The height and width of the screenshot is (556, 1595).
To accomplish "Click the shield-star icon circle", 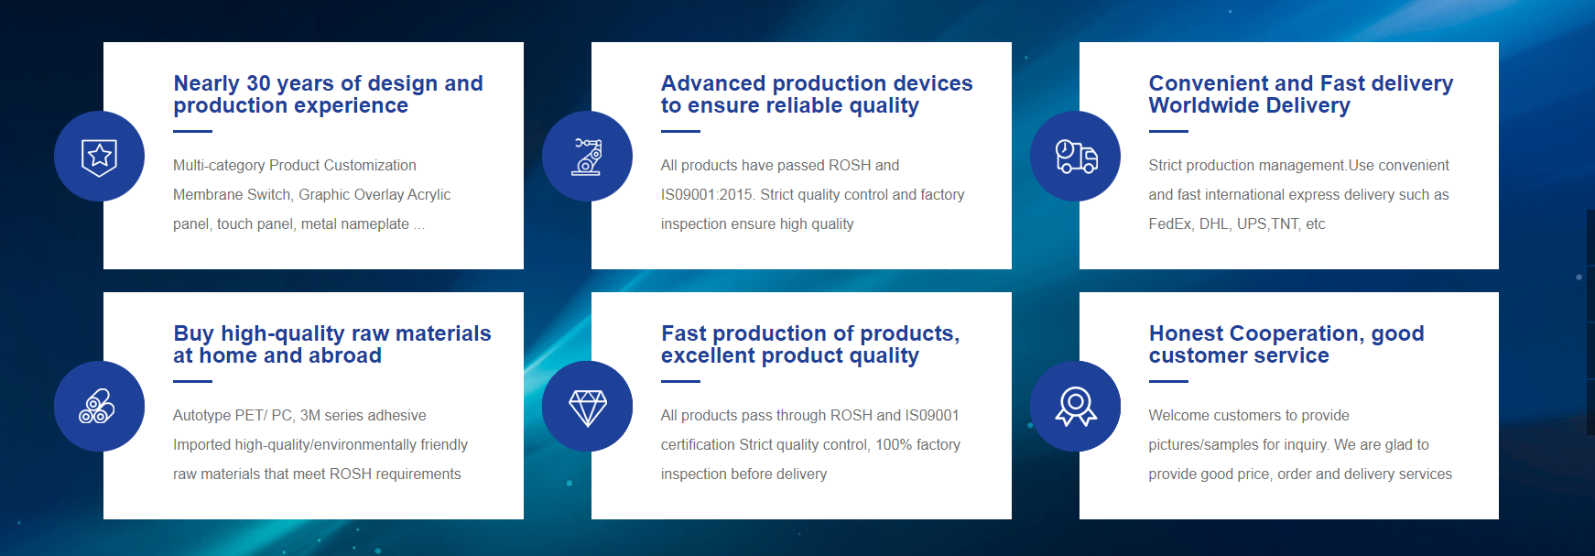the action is [99, 156].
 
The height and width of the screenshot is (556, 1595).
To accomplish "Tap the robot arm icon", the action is [587, 156].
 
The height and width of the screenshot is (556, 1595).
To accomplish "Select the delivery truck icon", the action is [1076, 157].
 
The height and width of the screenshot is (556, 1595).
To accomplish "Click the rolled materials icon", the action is [97, 406].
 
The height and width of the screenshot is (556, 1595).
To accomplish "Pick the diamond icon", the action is [588, 408].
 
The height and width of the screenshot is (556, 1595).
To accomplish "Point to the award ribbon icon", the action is [1076, 407].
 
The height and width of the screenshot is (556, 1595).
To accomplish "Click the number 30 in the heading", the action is [259, 83].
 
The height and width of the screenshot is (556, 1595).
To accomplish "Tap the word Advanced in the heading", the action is [713, 83].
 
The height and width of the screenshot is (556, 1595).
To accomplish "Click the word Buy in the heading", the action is [193, 333].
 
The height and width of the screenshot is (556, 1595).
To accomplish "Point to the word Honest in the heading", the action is [1186, 333].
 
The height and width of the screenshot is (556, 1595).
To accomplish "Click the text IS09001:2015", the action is [707, 194].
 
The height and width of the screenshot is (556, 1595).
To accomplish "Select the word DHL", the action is [1213, 223].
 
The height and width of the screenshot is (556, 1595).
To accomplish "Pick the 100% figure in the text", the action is [894, 444].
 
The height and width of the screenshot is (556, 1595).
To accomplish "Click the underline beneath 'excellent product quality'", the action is [680, 381].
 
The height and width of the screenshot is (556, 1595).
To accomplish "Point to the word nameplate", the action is [375, 224].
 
